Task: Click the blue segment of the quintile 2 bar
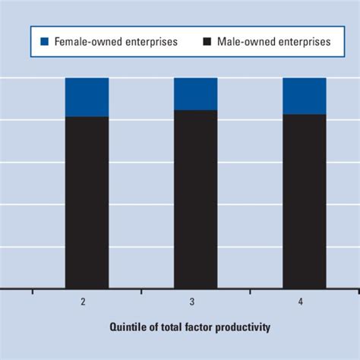pyautogui.click(x=87, y=96)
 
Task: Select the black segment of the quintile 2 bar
pyautogui.click(x=87, y=202)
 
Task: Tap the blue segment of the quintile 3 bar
pyautogui.click(x=195, y=93)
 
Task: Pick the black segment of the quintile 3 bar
pyautogui.click(x=195, y=199)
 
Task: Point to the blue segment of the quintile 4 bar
pyautogui.click(x=304, y=96)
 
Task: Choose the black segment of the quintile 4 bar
pyautogui.click(x=304, y=201)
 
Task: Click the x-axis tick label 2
pyautogui.click(x=83, y=302)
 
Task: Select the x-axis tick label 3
pyautogui.click(x=191, y=302)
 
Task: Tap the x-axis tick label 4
pyautogui.click(x=300, y=302)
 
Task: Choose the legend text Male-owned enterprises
pyautogui.click(x=272, y=42)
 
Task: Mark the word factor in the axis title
pyautogui.click(x=199, y=327)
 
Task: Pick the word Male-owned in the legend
pyautogui.click(x=244, y=42)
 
